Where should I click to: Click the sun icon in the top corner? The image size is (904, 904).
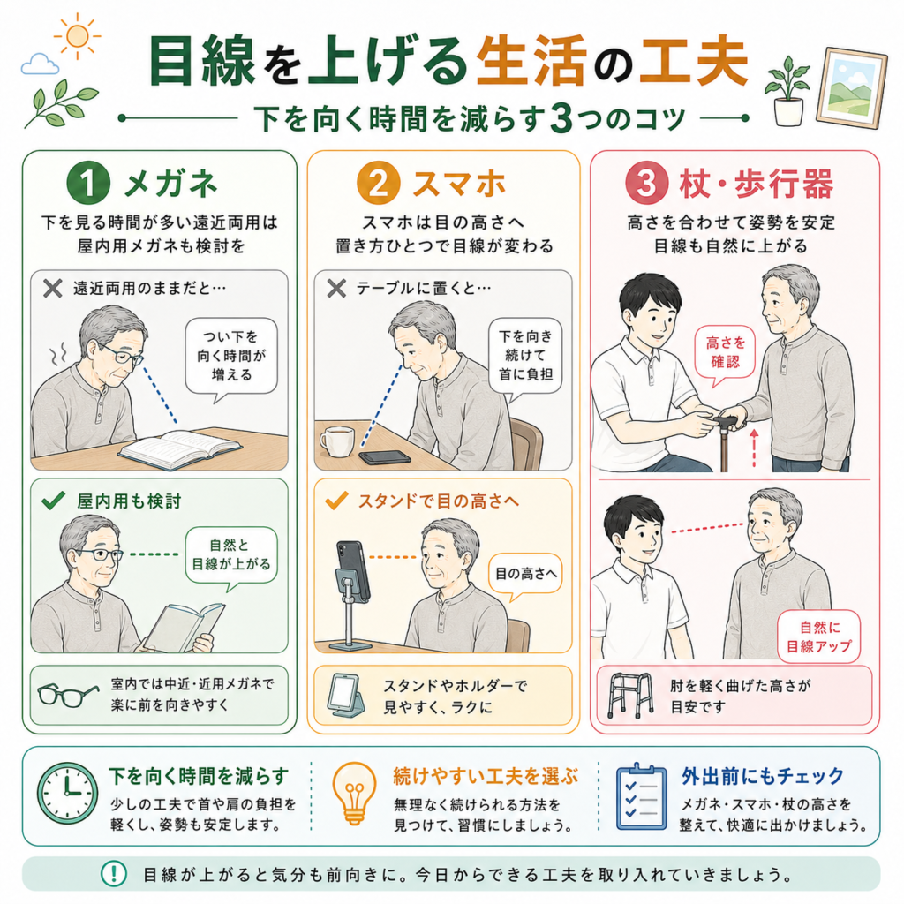coord(77,36)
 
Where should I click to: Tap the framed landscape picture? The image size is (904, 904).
coord(852,89)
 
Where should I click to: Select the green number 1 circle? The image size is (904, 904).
coord(88,183)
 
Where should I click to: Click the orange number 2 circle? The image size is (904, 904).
coord(378,183)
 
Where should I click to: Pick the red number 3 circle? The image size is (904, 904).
coord(647,183)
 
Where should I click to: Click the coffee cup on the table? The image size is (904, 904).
coord(336,441)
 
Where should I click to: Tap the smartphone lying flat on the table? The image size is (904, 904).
coord(385,457)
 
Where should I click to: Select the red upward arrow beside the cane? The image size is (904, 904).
coord(754,448)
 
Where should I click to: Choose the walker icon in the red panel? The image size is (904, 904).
coord(630,695)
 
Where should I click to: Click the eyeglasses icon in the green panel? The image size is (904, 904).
coord(67,694)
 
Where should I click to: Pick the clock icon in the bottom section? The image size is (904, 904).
coord(67,792)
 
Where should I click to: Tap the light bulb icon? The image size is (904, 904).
coord(355,794)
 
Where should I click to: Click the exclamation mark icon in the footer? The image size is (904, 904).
coord(114,873)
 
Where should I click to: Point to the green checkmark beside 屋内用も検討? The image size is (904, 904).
coord(54,501)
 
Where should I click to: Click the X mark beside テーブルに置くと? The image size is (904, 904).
coord(336,288)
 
